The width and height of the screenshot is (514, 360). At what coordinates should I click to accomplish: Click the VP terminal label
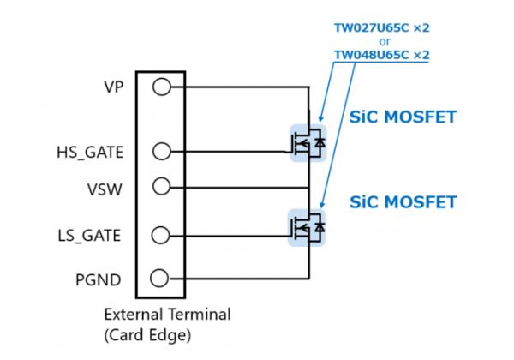point(113,87)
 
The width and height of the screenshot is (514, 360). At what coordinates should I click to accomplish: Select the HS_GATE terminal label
point(89,153)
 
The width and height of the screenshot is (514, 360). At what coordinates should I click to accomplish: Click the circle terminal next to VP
point(160,87)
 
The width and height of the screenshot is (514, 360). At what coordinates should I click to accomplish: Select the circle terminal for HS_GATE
point(160,152)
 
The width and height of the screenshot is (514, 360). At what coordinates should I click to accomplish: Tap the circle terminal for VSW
point(160,185)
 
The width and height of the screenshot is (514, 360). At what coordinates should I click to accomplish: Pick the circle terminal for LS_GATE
point(160,234)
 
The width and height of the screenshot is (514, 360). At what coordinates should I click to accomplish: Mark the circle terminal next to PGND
point(160,278)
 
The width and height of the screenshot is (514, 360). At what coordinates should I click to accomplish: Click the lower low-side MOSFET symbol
point(308,225)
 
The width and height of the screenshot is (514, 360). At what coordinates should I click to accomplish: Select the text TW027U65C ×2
point(381,27)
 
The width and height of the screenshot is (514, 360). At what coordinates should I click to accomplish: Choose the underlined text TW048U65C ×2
point(381,55)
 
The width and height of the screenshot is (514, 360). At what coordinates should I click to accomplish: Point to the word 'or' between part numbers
point(381,41)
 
